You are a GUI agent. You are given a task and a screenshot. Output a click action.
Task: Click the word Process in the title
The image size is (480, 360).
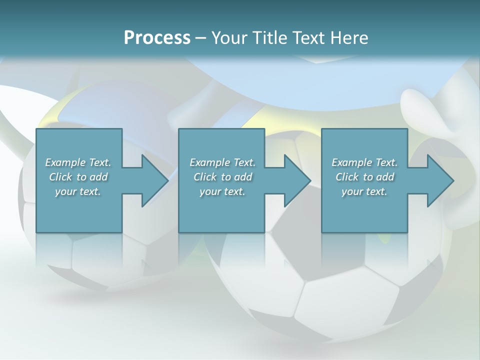(157, 38)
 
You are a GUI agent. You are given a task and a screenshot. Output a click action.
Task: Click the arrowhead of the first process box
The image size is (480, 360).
(154, 180)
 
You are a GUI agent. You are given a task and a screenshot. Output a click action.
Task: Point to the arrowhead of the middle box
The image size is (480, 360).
(297, 180)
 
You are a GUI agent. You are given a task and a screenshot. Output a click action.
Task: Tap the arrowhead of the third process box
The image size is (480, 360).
(440, 180)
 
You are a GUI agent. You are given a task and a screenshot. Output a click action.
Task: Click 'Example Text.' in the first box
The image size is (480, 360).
(78, 162)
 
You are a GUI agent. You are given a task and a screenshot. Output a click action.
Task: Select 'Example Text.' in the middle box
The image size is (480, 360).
(222, 162)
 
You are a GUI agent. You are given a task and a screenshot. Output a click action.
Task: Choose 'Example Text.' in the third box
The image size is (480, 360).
(364, 162)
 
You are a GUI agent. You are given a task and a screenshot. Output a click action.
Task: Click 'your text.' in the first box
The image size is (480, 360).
(78, 191)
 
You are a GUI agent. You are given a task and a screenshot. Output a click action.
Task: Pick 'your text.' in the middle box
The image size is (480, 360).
(222, 191)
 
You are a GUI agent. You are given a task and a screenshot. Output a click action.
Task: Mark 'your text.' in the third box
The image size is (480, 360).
(364, 191)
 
